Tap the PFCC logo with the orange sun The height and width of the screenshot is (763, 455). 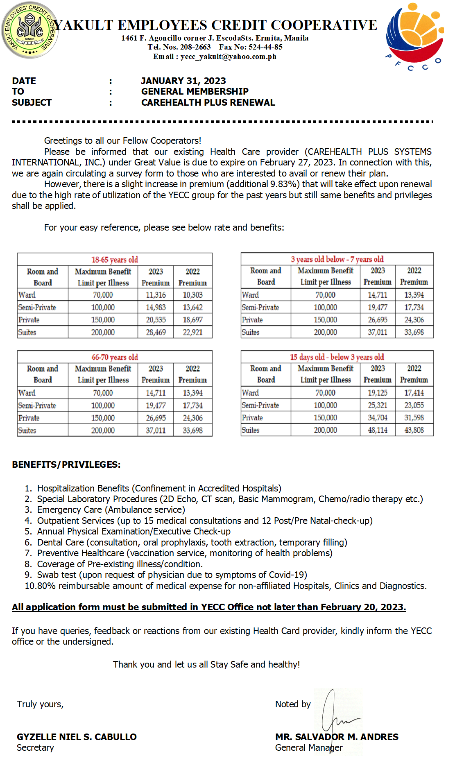click(x=414, y=35)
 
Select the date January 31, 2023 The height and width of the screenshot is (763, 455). click(x=183, y=81)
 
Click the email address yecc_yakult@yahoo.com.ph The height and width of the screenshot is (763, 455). click(x=228, y=57)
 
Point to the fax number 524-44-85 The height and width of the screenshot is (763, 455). click(x=265, y=47)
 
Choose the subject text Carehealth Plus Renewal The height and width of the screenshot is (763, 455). click(x=208, y=102)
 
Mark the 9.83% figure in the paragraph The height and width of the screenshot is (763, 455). click(x=283, y=184)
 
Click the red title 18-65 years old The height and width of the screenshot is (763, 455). click(x=115, y=260)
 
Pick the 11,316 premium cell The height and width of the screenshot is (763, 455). click(x=156, y=295)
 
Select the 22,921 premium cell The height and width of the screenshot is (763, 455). click(x=192, y=332)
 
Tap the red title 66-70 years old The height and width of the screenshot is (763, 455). click(x=115, y=357)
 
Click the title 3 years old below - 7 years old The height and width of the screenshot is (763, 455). click(x=337, y=259)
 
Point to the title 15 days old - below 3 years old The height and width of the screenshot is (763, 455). click(x=337, y=357)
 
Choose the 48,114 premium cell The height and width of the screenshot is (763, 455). click(x=377, y=430)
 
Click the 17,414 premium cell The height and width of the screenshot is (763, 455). click(x=414, y=393)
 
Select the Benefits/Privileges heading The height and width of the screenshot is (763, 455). click(x=66, y=464)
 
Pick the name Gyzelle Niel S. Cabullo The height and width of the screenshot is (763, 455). click(x=77, y=737)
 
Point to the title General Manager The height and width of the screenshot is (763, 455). click(x=309, y=748)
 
